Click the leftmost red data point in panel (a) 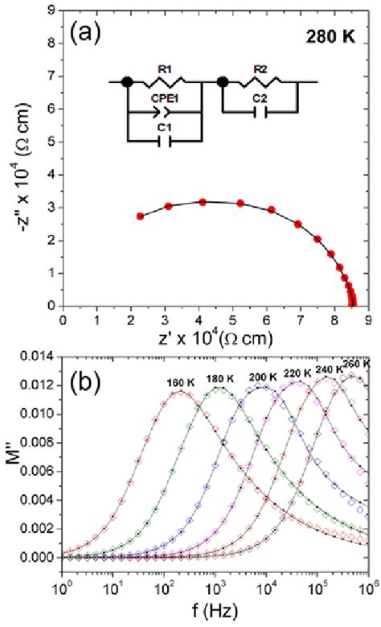click(x=141, y=217)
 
